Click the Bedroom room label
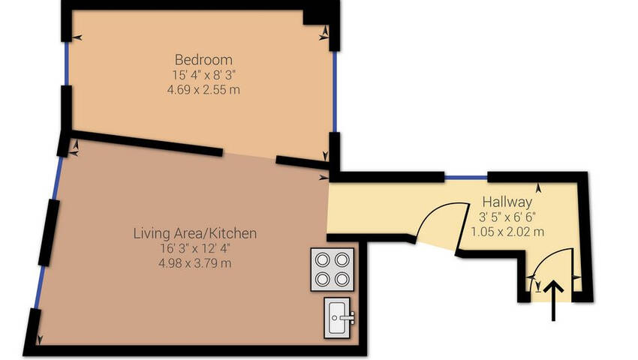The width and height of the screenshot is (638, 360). coord(203,60)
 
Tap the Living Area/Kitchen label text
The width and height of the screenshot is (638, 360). coord(195,233)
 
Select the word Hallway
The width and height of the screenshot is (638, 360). coord(507,202)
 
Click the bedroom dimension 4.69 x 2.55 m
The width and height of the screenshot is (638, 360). coord(203,89)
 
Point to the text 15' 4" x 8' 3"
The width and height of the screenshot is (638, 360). coord(204,75)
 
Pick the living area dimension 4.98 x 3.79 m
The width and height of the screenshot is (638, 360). coord(195,263)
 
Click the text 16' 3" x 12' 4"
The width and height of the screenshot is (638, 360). coord(195,248)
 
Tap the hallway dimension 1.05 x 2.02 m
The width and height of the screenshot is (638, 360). coord(507,232)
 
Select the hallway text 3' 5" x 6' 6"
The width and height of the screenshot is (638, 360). coord(507,217)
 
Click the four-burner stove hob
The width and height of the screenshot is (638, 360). coord(332,269)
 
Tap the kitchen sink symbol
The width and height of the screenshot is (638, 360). coord(337,318)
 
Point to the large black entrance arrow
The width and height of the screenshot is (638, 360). coord(553,300)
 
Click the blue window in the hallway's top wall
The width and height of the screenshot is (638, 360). coord(466,178)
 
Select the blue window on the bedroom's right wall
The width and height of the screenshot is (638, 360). coord(335,91)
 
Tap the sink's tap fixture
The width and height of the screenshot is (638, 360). coord(346,317)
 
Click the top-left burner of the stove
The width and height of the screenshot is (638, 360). coord(323,259)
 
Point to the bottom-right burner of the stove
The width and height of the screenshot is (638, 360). coord(342,279)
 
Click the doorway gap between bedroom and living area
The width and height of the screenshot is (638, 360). coord(249,157)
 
